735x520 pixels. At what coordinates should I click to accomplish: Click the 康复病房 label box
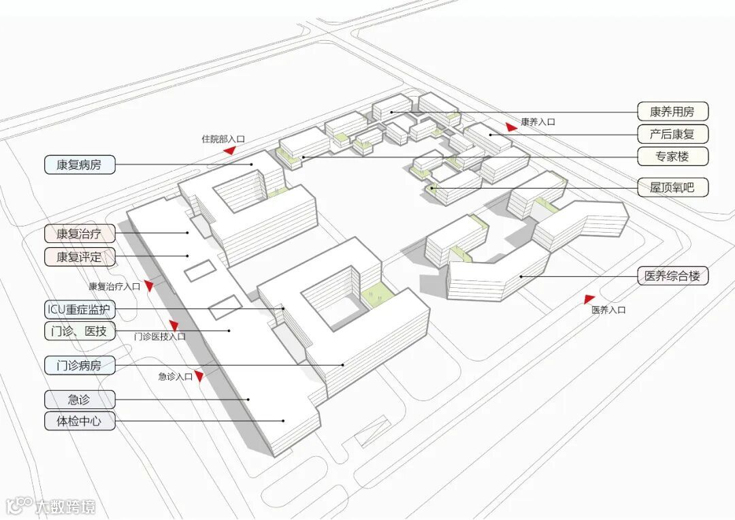[80, 164]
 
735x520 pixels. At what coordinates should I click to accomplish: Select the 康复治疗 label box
[80, 233]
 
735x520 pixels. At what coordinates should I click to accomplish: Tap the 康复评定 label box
[80, 257]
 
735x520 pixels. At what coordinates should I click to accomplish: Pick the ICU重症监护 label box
[80, 310]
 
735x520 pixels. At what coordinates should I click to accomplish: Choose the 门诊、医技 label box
[80, 331]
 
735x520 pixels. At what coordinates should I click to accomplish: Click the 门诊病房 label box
[80, 365]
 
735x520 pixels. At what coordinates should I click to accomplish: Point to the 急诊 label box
[80, 399]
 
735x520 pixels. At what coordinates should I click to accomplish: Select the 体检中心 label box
[80, 421]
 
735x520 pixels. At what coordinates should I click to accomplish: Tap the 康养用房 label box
[672, 111]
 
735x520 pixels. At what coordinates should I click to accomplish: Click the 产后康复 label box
[672, 133]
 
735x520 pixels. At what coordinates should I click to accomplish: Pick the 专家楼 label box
[672, 156]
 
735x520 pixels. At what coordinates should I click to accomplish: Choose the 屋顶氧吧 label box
[672, 187]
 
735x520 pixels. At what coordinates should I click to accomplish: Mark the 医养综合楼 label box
[672, 276]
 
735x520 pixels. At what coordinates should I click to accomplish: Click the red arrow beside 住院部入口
[230, 150]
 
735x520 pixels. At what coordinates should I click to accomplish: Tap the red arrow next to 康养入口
[511, 126]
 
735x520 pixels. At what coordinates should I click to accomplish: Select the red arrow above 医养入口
[589, 298]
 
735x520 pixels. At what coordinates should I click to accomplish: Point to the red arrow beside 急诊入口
[199, 376]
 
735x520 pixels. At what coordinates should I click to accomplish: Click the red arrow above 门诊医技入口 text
[174, 325]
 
